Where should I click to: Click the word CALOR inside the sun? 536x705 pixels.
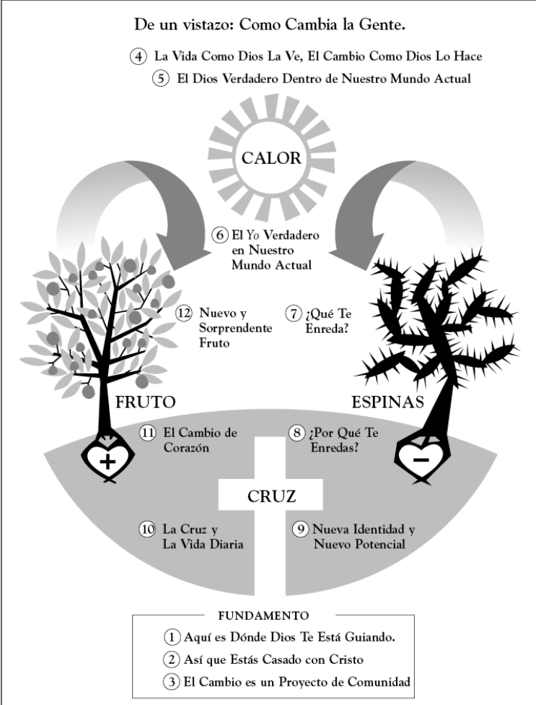(271, 158)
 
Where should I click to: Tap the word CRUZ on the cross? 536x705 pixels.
(271, 496)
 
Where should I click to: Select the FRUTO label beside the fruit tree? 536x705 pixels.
(146, 402)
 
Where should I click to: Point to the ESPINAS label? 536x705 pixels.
(387, 402)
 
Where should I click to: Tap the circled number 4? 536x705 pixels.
(139, 56)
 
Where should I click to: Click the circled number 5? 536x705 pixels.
(161, 79)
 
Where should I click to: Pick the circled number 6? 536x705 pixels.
(219, 235)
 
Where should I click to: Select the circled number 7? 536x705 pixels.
(294, 313)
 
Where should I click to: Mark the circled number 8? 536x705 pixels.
(296, 433)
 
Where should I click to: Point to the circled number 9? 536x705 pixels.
(300, 529)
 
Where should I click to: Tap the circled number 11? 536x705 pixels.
(148, 433)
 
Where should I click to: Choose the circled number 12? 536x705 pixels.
(184, 313)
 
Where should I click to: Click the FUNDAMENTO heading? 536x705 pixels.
(263, 615)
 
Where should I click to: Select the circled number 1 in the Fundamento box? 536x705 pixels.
(172, 638)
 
